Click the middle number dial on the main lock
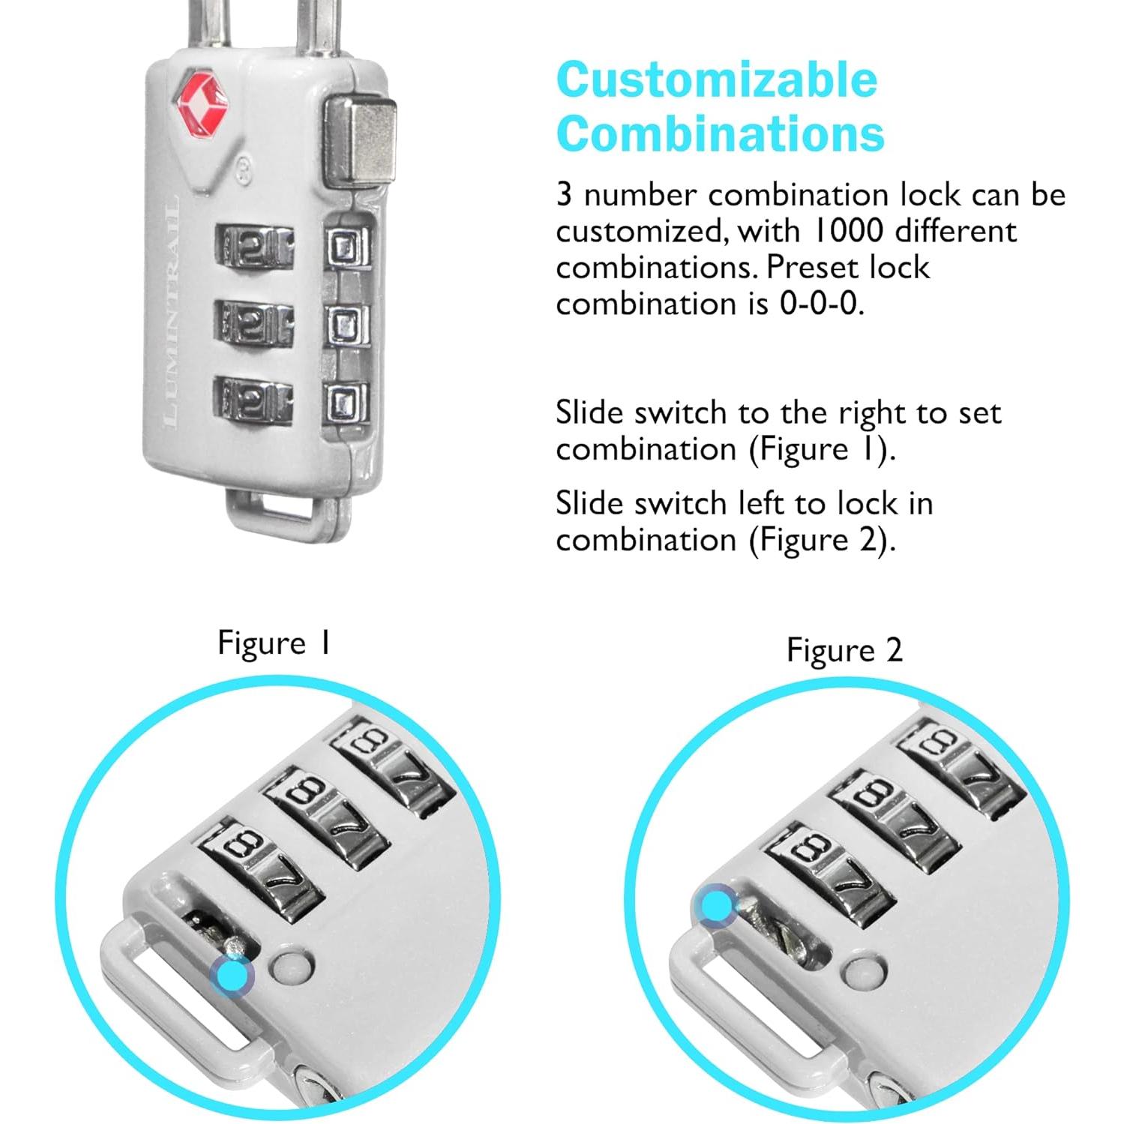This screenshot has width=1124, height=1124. pyautogui.click(x=253, y=323)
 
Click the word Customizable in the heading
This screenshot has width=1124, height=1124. pyautogui.click(x=716, y=79)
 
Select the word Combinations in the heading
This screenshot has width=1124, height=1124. pyautogui.click(x=720, y=134)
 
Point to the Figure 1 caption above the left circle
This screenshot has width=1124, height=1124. pyautogui.click(x=274, y=643)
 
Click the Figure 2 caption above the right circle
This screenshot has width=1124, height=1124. pyautogui.click(x=844, y=650)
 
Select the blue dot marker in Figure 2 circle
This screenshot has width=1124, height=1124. pyautogui.click(x=716, y=904)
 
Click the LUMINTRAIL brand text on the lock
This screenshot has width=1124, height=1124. pyautogui.click(x=171, y=311)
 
